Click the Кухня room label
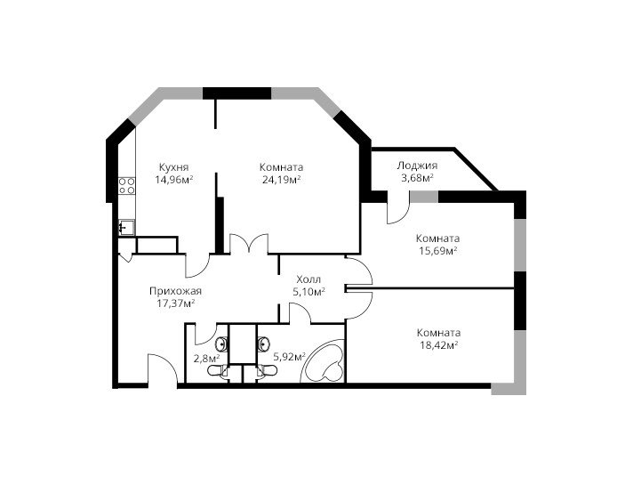pyautogui.click(x=174, y=166)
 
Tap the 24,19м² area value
pyautogui.click(x=281, y=180)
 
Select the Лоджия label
pyautogui.click(x=417, y=166)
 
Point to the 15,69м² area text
pyautogui.click(x=437, y=250)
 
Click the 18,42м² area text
pyautogui.click(x=438, y=345)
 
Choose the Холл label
pyautogui.click(x=308, y=279)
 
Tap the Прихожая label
pyautogui.click(x=175, y=291)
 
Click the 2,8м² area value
pyautogui.click(x=206, y=359)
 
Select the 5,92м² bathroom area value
pyautogui.click(x=290, y=357)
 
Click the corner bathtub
pyautogui.click(x=323, y=360)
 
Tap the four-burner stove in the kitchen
pyautogui.click(x=127, y=185)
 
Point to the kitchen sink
pyautogui.click(x=126, y=228)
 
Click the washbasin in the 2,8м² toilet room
pyautogui.click(x=221, y=344)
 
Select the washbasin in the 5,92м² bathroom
pyautogui.click(x=263, y=344)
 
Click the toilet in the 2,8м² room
pyautogui.click(x=218, y=370)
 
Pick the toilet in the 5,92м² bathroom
pyautogui.click(x=267, y=370)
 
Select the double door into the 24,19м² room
pyautogui.click(x=249, y=243)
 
